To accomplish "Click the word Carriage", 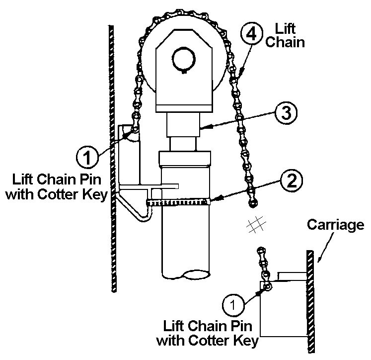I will [335, 225].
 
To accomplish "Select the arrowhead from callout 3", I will [205, 129].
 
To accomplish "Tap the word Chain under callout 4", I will [285, 42].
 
